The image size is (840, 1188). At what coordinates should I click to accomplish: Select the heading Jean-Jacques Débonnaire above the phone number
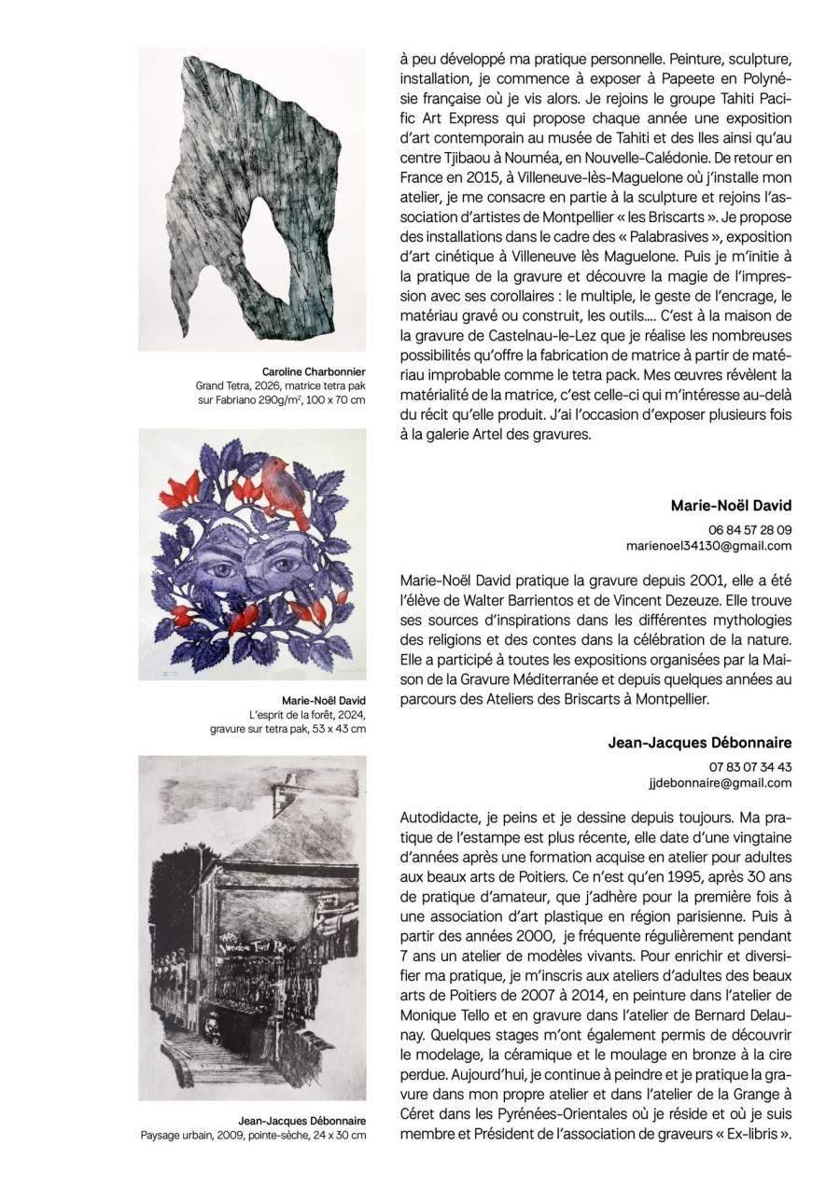[x=699, y=743]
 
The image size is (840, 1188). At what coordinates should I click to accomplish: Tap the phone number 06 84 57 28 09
[x=749, y=529]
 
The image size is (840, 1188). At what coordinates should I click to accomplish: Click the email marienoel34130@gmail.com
[x=707, y=546]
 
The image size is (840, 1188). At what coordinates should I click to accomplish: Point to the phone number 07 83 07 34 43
[x=749, y=766]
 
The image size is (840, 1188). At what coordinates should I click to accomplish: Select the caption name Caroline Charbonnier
[x=314, y=371]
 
